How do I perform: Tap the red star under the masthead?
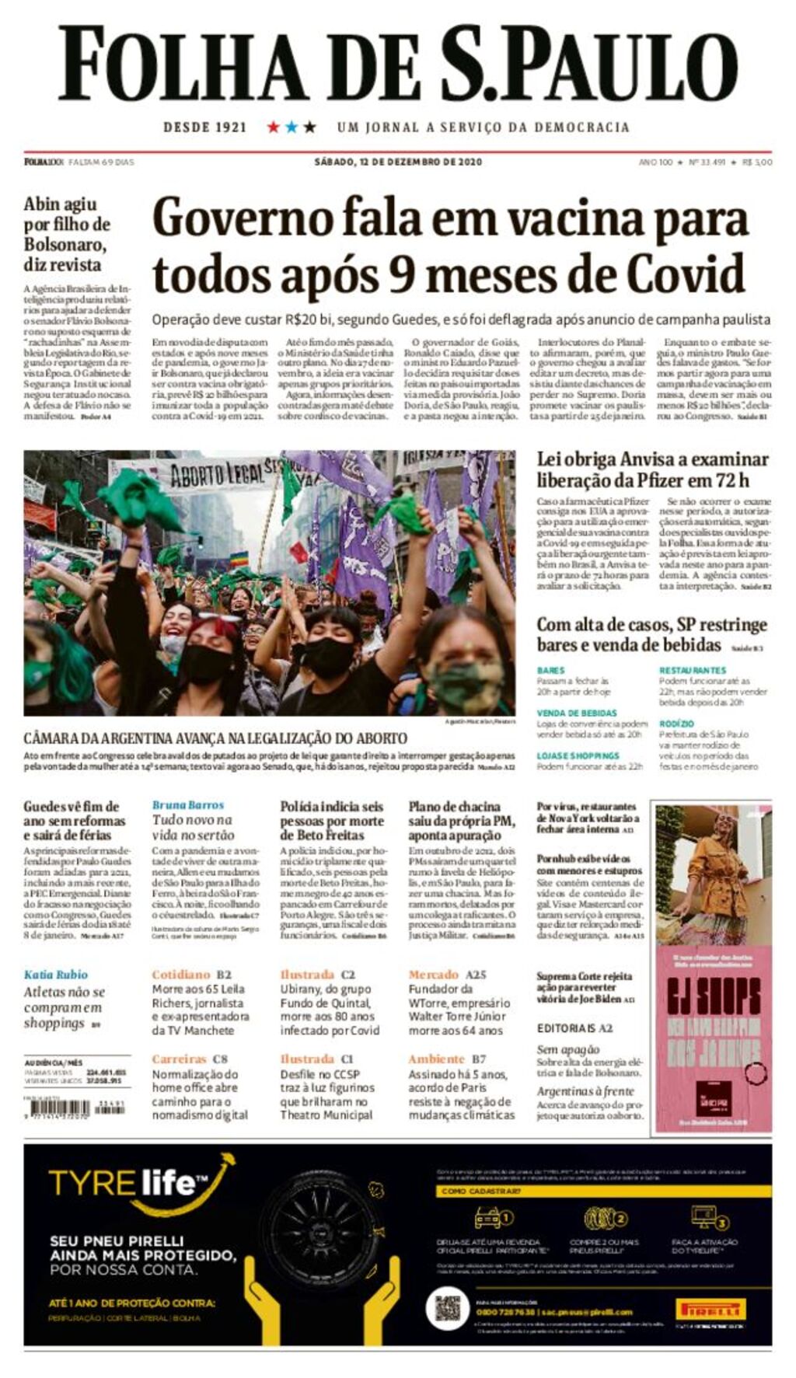(273, 127)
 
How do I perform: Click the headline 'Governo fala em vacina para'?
(450, 218)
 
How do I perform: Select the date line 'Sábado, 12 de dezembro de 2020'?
(398, 162)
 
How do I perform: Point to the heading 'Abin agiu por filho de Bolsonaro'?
(67, 233)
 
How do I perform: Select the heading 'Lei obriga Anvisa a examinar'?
(652, 459)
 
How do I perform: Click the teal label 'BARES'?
(550, 670)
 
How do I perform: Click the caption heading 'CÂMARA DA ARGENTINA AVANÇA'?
(215, 738)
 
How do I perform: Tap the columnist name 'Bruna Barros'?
(187, 805)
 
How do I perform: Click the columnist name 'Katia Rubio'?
(56, 975)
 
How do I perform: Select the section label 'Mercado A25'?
(447, 975)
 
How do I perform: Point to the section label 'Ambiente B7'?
(447, 1059)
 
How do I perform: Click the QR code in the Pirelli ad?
(447, 1308)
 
